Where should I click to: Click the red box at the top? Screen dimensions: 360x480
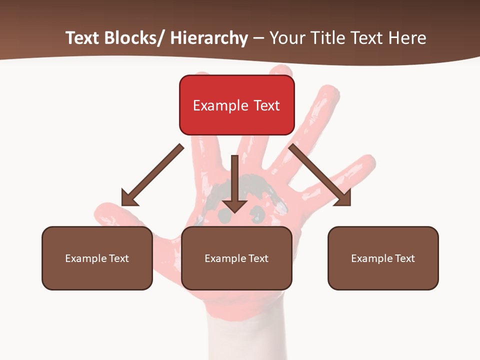[x=236, y=105]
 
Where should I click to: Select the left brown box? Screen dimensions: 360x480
[x=97, y=258]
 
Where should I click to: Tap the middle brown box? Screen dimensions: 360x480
[x=236, y=258]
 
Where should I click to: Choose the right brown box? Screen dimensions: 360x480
[x=383, y=258]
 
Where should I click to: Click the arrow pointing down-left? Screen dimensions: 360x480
[x=152, y=175]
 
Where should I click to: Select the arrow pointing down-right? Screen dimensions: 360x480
[x=320, y=174]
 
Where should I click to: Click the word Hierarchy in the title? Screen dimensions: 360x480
[x=209, y=38]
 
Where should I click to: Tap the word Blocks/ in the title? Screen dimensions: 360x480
[x=132, y=38]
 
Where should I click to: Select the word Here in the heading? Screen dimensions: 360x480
[x=407, y=38]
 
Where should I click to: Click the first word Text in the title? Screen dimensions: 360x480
[x=83, y=38]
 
